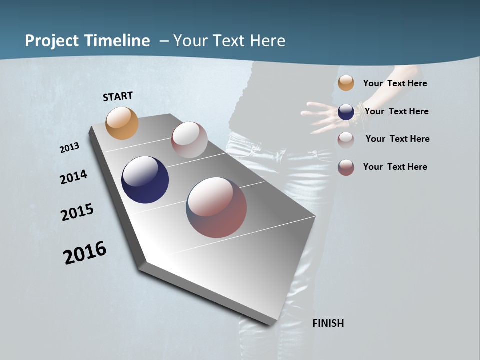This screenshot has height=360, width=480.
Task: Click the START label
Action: click(118, 96)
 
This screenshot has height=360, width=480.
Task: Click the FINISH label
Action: click(328, 323)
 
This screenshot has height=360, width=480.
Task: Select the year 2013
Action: click(69, 148)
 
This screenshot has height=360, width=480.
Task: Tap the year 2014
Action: click(73, 177)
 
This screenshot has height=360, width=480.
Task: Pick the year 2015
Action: click(77, 212)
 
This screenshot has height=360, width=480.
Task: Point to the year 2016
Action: click(85, 252)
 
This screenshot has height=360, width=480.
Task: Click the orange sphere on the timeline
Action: click(122, 123)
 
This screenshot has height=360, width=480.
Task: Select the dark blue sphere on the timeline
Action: click(145, 180)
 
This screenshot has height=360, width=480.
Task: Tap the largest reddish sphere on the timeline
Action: click(216, 207)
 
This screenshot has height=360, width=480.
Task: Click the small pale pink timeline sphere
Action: click(189, 140)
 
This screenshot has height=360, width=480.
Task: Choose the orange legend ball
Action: click(346, 83)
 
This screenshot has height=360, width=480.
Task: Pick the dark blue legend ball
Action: click(346, 111)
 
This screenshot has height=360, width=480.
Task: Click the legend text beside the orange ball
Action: click(395, 83)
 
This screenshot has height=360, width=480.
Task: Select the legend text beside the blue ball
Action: click(396, 111)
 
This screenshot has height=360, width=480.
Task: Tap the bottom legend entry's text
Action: click(395, 167)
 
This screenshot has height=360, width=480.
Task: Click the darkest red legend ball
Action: click(346, 167)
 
